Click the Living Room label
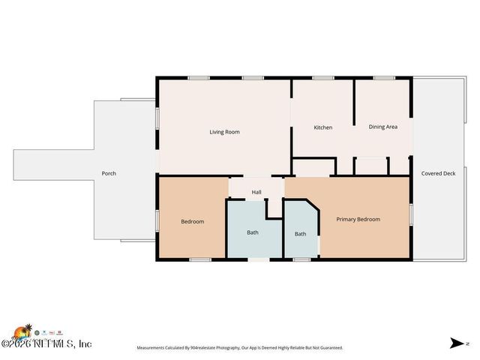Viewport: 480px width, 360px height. pyautogui.click(x=224, y=132)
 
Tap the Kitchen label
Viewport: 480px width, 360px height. pyautogui.click(x=322, y=127)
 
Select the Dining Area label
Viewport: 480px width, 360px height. pyautogui.click(x=382, y=127)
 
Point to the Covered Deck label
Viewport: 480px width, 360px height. pyautogui.click(x=438, y=173)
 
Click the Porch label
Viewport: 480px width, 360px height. pyautogui.click(x=109, y=173)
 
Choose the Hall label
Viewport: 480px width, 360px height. pyautogui.click(x=256, y=192)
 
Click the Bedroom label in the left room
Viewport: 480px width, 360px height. pyautogui.click(x=192, y=221)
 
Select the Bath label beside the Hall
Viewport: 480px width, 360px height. pyautogui.click(x=253, y=232)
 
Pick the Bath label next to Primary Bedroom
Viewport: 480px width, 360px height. pyautogui.click(x=300, y=234)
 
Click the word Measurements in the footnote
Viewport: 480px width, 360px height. pyautogui.click(x=152, y=348)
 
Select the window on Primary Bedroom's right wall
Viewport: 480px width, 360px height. pyautogui.click(x=411, y=214)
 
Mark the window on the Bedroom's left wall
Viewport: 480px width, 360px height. pyautogui.click(x=157, y=220)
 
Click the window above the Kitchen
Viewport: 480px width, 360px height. pyautogui.click(x=323, y=77)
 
